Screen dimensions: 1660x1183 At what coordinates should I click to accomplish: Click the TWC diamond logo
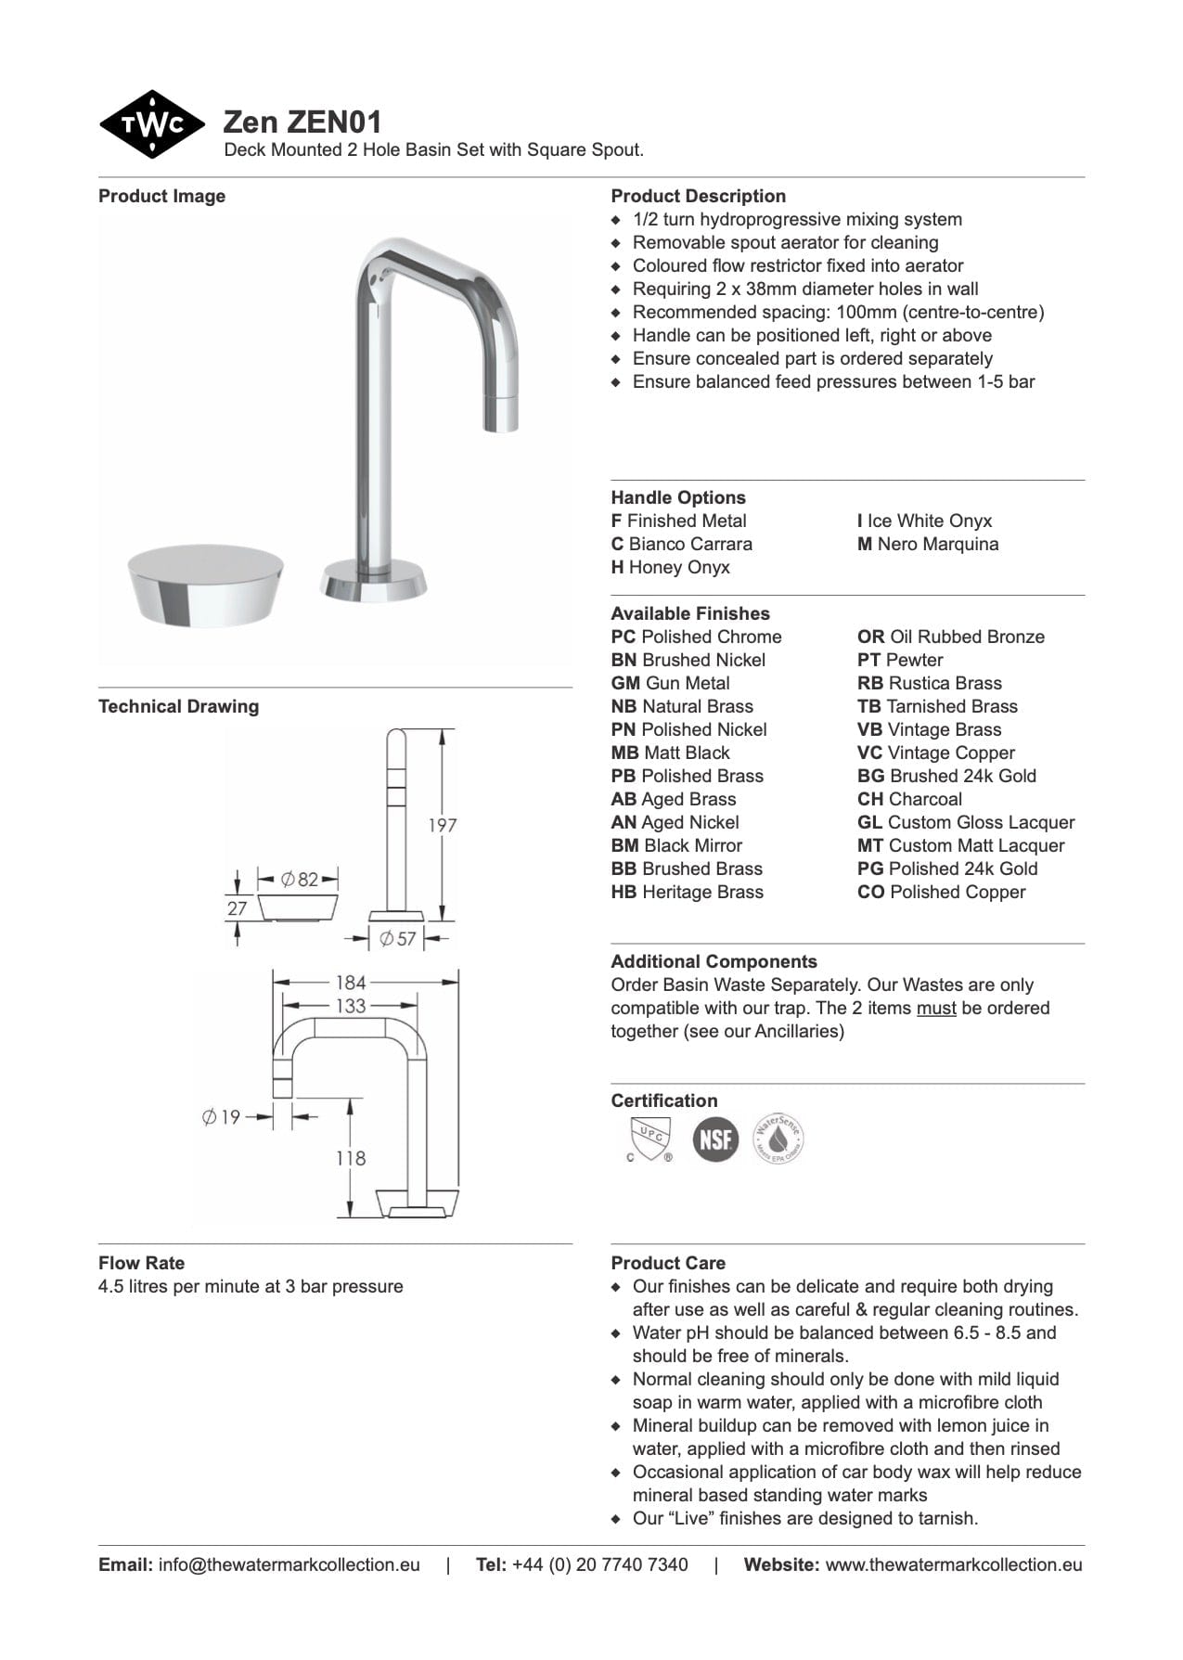click(151, 124)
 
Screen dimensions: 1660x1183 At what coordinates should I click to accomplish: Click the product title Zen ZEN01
click(302, 122)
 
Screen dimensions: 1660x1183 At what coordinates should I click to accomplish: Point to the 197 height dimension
click(443, 825)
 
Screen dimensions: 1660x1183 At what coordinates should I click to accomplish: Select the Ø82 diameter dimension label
click(300, 879)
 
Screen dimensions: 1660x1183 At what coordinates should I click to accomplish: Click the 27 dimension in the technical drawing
click(238, 907)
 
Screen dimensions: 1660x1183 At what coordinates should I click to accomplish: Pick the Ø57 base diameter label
click(398, 939)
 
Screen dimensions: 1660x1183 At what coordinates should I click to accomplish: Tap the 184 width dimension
click(351, 982)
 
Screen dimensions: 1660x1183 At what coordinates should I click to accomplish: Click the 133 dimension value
click(351, 1005)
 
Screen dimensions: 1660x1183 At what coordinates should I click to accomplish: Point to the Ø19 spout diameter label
click(221, 1116)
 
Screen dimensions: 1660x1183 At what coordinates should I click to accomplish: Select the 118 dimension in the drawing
click(351, 1158)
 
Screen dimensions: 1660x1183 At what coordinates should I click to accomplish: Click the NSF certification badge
click(715, 1139)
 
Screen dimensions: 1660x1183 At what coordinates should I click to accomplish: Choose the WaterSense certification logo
click(778, 1139)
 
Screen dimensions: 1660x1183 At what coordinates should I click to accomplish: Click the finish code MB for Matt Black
click(623, 753)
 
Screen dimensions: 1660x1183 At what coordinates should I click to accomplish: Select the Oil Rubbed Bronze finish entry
click(951, 637)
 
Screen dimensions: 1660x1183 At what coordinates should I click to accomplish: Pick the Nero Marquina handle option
click(928, 544)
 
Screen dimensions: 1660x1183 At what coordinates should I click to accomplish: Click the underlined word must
click(936, 1008)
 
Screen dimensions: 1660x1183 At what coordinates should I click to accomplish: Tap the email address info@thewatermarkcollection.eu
click(289, 1564)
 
